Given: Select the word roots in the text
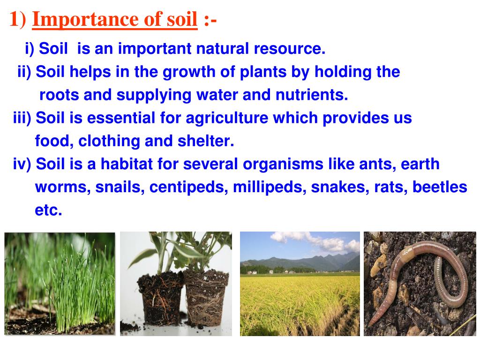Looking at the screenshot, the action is click(x=59, y=95).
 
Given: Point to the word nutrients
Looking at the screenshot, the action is click(x=312, y=95).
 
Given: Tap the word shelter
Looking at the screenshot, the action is click(x=206, y=141).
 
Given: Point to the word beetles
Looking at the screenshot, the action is click(x=440, y=187).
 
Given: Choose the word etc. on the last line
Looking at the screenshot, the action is click(x=48, y=210).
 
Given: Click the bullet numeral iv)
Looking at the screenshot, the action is click(x=22, y=165).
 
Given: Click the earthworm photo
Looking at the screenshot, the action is click(x=420, y=284).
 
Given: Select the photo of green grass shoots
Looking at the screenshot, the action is click(x=60, y=284).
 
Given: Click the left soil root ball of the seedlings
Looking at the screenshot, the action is click(x=161, y=299).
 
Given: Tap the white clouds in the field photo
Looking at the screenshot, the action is click(x=315, y=241).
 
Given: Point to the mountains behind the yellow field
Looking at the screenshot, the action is click(x=300, y=262).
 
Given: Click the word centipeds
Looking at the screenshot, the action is click(x=188, y=187).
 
